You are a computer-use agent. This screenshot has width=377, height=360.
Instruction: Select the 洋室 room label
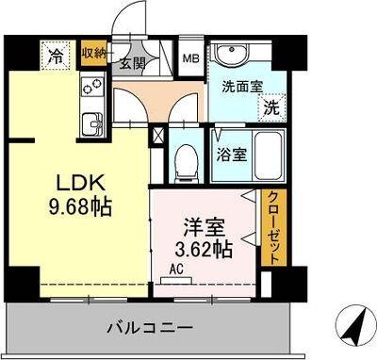[201, 227]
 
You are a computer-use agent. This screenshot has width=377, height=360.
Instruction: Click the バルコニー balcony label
[149, 327]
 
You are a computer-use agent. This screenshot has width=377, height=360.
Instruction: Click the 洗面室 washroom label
[238, 88]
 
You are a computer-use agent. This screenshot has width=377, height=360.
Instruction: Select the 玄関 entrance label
[132, 64]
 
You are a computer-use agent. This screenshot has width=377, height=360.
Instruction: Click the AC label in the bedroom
[175, 268]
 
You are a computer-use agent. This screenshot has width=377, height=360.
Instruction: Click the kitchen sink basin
[93, 123]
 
